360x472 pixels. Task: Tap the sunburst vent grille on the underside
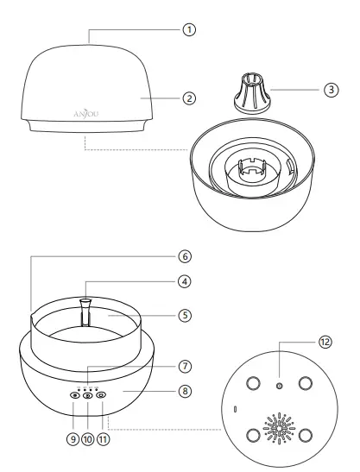coord(277,430)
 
